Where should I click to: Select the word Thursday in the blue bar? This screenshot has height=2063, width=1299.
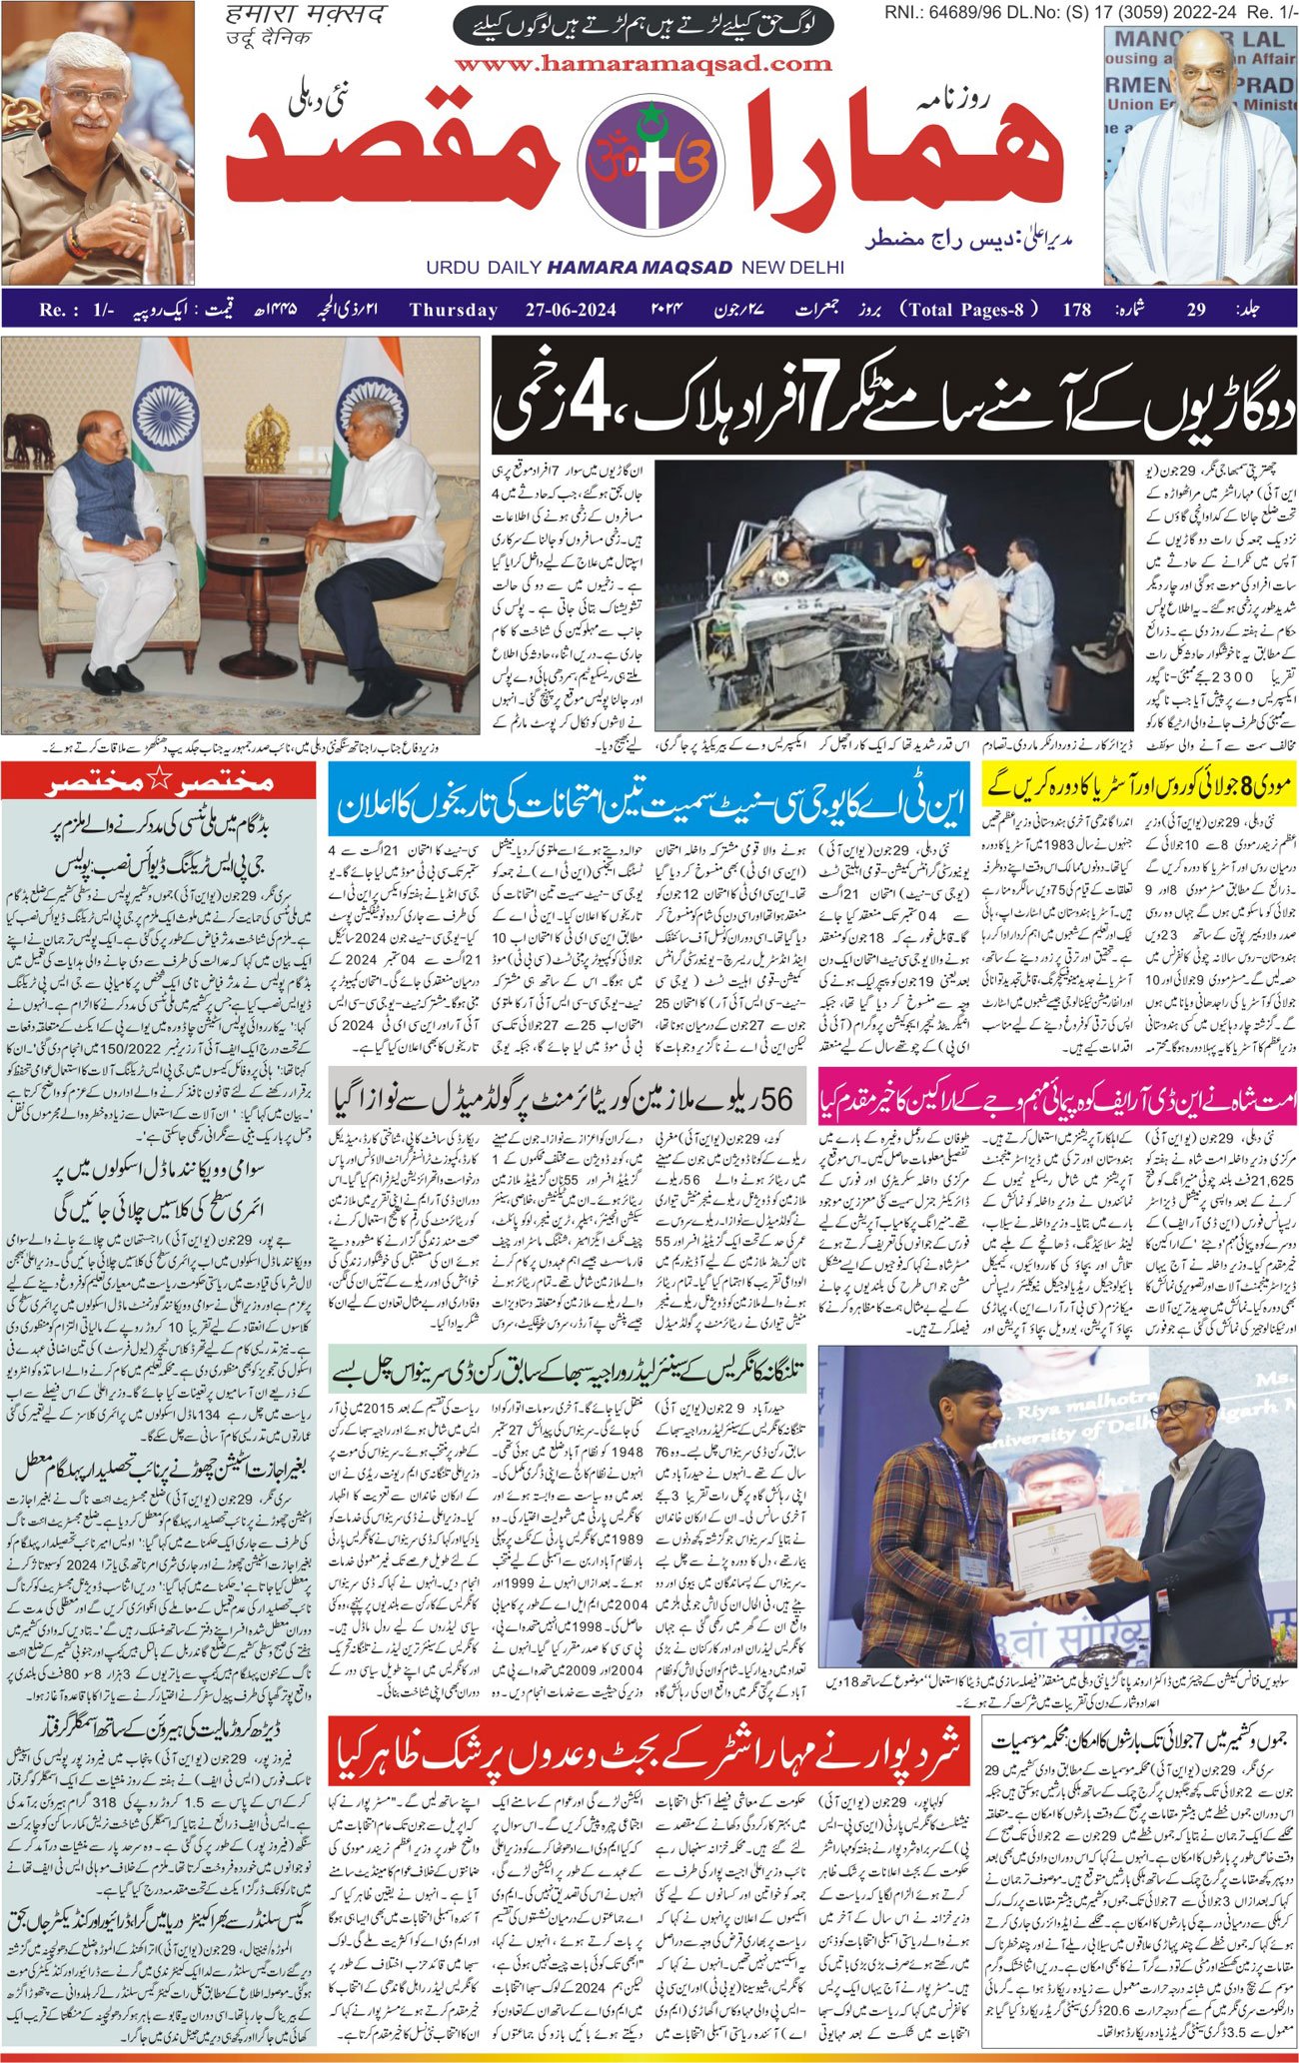pos(454,310)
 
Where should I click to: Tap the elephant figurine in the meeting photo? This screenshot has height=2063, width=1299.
pos(28,437)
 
